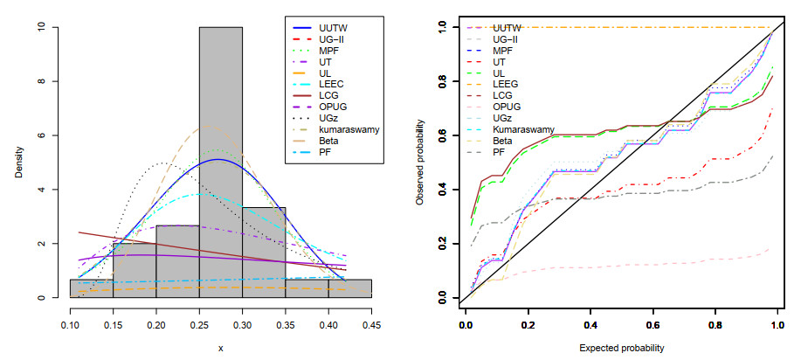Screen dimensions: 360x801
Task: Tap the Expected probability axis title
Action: [620, 347]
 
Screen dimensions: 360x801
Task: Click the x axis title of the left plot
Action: [221, 348]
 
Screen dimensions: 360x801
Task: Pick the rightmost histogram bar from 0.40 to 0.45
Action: [349, 288]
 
